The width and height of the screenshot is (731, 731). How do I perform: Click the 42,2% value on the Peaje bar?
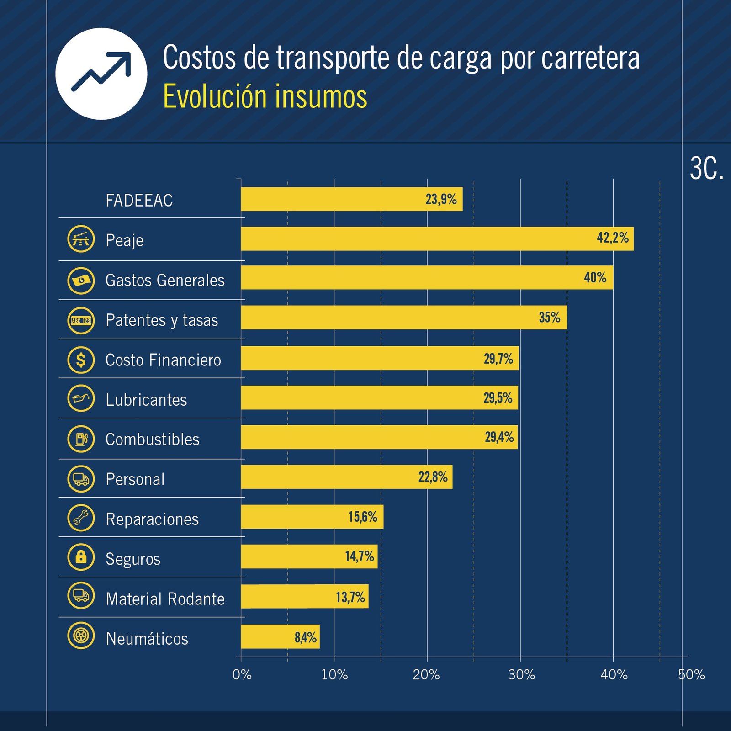[612, 238]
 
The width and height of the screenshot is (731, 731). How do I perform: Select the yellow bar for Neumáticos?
[280, 636]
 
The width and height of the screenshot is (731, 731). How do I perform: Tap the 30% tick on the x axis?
[521, 675]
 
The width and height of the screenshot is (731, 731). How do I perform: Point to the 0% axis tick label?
[242, 675]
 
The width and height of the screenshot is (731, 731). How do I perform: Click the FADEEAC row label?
[139, 201]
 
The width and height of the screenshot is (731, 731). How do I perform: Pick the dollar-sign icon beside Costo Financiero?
[81, 360]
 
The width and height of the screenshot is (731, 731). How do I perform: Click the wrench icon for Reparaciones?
[81, 518]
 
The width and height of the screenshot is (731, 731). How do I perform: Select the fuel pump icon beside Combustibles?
[81, 439]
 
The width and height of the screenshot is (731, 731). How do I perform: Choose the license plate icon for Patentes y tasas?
[81, 320]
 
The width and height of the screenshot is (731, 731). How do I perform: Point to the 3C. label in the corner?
[706, 169]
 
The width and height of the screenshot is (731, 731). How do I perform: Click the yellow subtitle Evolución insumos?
[265, 96]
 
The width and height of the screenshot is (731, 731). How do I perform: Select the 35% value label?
[549, 317]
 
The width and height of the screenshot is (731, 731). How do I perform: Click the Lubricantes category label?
[146, 400]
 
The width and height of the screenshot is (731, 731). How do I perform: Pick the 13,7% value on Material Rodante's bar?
[350, 597]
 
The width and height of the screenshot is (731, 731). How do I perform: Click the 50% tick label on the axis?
[691, 675]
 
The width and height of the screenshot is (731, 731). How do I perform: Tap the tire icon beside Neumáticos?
[81, 635]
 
